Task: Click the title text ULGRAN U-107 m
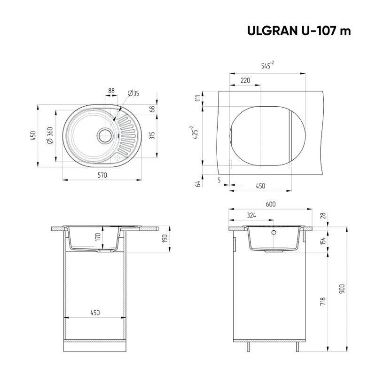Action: (x=299, y=31)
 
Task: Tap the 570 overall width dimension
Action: (x=102, y=175)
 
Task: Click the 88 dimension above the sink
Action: (x=111, y=91)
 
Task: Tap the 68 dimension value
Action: (x=152, y=109)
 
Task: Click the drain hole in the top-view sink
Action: (x=104, y=135)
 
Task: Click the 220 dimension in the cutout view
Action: (x=245, y=80)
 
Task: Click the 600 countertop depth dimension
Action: (x=270, y=204)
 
